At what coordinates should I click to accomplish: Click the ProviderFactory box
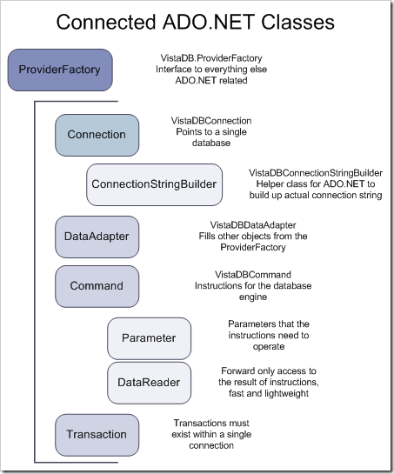(x=60, y=70)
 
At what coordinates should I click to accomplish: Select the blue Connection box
(x=97, y=135)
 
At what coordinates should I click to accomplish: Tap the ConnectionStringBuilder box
(x=154, y=184)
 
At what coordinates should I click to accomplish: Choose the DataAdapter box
(x=97, y=237)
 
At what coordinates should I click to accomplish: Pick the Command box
(x=97, y=286)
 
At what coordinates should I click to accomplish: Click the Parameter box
(x=149, y=338)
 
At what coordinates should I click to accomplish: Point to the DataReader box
(x=149, y=383)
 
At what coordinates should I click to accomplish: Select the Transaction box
(x=97, y=435)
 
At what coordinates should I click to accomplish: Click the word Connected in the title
(x=106, y=22)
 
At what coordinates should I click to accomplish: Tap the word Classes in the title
(x=297, y=22)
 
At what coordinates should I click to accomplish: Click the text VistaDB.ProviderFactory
(x=211, y=58)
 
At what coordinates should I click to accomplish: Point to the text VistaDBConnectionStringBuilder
(x=316, y=173)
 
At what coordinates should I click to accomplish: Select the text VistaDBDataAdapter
(x=253, y=225)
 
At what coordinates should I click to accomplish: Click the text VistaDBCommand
(x=253, y=275)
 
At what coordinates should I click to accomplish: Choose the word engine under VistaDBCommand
(x=253, y=297)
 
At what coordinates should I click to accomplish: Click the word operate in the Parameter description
(x=269, y=346)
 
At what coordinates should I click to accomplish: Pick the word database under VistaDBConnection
(x=211, y=143)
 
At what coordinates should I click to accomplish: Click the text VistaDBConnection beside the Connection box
(x=211, y=121)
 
